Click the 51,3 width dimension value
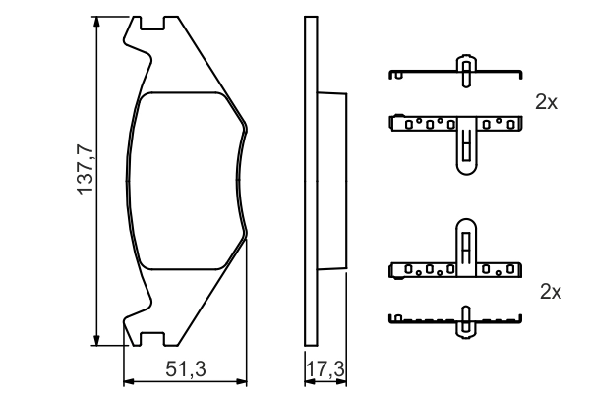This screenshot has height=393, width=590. point(186,368)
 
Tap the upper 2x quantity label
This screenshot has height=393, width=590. point(547,101)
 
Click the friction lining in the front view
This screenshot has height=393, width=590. point(187,182)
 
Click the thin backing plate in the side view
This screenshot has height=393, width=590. point(311,182)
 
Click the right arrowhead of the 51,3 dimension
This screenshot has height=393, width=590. point(244,381)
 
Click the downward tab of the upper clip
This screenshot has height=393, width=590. point(464,152)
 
